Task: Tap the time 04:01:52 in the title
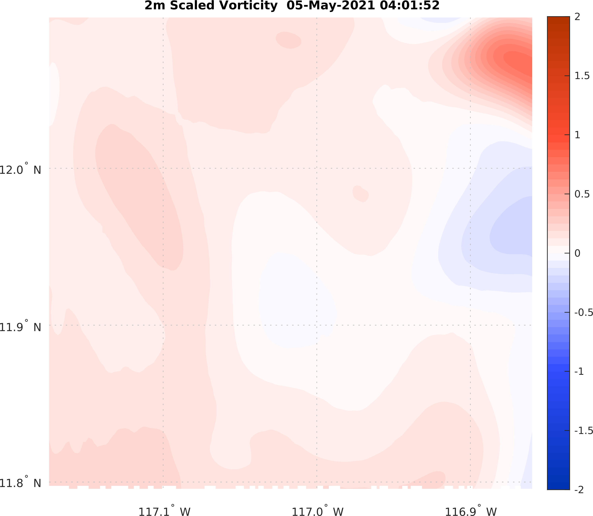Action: pos(410,6)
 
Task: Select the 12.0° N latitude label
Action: pos(20,170)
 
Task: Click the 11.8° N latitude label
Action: pos(20,483)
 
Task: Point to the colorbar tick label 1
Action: pos(577,135)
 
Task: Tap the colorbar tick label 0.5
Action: pos(581,194)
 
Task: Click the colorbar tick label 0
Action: pos(577,253)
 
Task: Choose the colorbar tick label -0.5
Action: pos(583,312)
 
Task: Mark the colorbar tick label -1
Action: pos(579,371)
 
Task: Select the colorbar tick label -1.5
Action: pos(583,431)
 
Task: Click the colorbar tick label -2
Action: pos(579,490)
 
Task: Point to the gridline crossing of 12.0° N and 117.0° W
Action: pos(317,168)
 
